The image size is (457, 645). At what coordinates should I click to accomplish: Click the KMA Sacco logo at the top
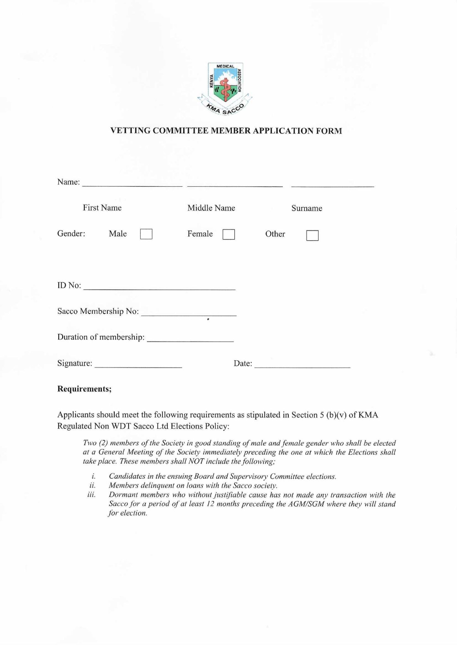pyautogui.click(x=225, y=88)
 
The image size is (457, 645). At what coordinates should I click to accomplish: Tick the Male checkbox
pyautogui.click(x=146, y=234)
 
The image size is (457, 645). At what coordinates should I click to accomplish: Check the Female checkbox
pyautogui.click(x=229, y=234)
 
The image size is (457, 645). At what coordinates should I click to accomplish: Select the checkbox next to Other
pyautogui.click(x=312, y=235)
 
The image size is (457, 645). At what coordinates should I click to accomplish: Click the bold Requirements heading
pyautogui.click(x=84, y=389)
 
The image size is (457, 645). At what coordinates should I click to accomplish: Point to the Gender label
pyautogui.click(x=71, y=234)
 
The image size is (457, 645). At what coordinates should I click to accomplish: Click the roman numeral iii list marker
pyautogui.click(x=91, y=495)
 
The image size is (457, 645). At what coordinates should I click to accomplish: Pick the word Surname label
pyautogui.click(x=307, y=208)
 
